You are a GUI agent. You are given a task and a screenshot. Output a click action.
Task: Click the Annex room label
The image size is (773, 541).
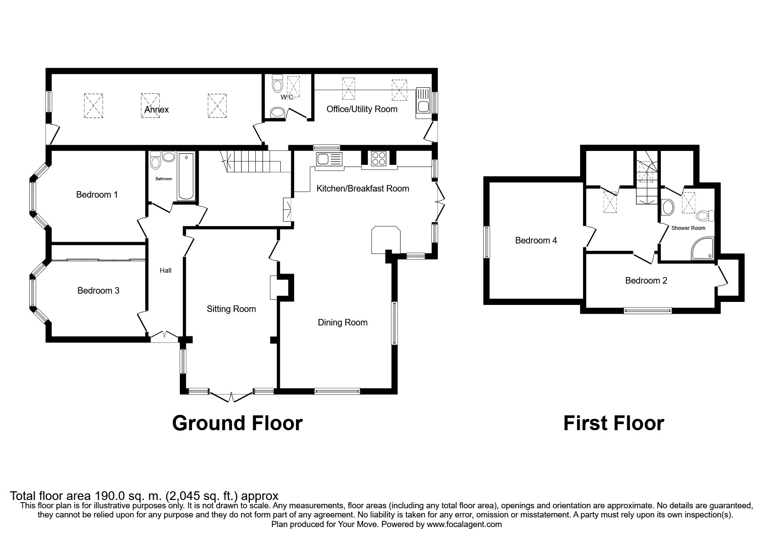pos(156,110)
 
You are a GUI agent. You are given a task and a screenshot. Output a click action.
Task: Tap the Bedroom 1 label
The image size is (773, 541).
pos(97,195)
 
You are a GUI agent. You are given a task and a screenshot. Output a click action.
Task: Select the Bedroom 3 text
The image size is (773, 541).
pos(98,291)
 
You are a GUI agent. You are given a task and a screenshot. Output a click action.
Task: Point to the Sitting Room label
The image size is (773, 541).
pos(231,309)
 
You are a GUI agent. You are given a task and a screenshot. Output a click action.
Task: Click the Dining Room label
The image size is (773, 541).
pos(342,322)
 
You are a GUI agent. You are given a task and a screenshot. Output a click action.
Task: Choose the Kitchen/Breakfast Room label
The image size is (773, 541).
pos(362,188)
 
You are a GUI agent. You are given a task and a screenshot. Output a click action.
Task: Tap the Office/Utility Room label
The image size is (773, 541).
pos(362,109)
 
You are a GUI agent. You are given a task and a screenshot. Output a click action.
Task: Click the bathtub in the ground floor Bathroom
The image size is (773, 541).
pos(186,176)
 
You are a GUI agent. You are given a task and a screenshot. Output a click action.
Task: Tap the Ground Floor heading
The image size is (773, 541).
pos(237,423)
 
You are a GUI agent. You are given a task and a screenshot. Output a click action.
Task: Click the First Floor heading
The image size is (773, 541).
pos(613,423)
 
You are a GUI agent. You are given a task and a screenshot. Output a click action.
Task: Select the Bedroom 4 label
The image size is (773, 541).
pos(536,240)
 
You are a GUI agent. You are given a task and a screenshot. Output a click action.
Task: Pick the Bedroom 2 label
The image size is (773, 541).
pos(646,281)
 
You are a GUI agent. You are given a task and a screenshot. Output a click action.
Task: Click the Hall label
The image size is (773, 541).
pos(165,270)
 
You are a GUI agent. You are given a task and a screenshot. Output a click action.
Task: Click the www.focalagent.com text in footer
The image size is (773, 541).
pos(464,524)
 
